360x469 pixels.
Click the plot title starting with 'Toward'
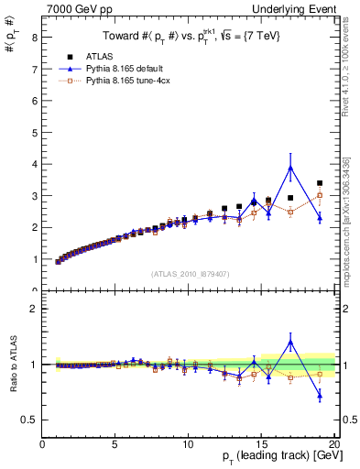[190, 37]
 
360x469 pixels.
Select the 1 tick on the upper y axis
[34, 259]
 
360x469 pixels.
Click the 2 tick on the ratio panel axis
[34, 309]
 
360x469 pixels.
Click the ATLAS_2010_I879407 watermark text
[190, 274]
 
